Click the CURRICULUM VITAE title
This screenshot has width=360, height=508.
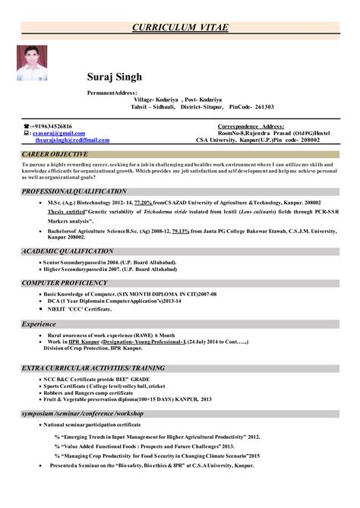click(180, 27)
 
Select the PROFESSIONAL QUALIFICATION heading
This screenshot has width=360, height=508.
click(74, 191)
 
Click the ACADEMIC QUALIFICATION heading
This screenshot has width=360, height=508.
click(68, 249)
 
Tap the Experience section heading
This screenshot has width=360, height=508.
click(39, 323)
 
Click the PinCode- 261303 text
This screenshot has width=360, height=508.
click(251, 107)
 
